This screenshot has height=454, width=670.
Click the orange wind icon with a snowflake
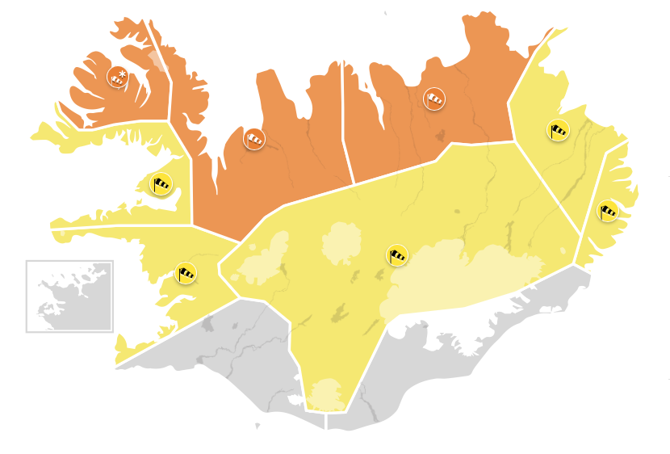pos(118,78)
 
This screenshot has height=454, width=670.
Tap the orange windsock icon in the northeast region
pos(434,99)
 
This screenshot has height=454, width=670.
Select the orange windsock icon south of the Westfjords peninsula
pos(255,139)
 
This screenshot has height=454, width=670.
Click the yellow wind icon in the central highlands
pos(396,255)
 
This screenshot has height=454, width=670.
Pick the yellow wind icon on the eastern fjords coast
pos(608,212)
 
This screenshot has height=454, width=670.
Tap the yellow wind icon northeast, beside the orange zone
pos(559,129)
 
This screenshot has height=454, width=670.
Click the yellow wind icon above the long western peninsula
pos(161,184)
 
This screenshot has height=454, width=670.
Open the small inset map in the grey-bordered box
pos(69,296)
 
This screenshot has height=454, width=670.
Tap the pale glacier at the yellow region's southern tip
pos(326,393)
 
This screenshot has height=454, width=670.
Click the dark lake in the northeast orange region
pos(440,135)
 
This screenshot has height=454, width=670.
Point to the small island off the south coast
pos(258,425)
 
